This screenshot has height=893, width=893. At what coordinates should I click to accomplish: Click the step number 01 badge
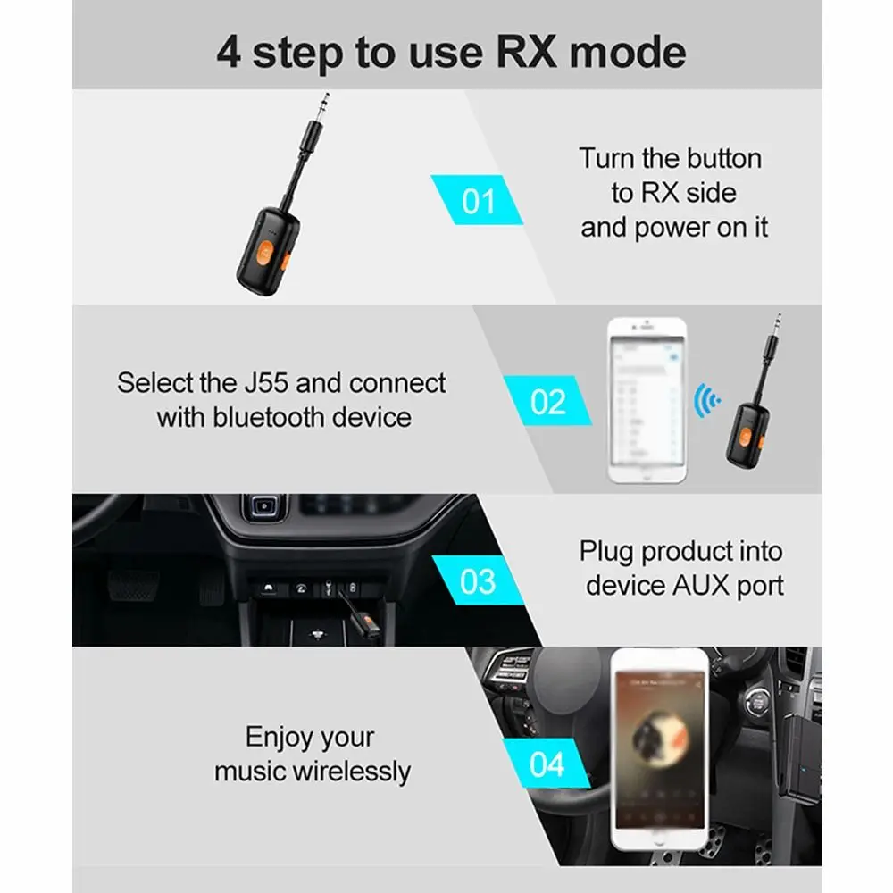tap(478, 200)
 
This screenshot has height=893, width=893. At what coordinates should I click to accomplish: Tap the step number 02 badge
tap(547, 401)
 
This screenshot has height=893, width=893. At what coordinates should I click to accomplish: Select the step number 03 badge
tap(478, 581)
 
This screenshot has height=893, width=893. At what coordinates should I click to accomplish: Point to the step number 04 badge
tap(547, 764)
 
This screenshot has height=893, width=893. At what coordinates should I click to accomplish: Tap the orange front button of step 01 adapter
tap(267, 246)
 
